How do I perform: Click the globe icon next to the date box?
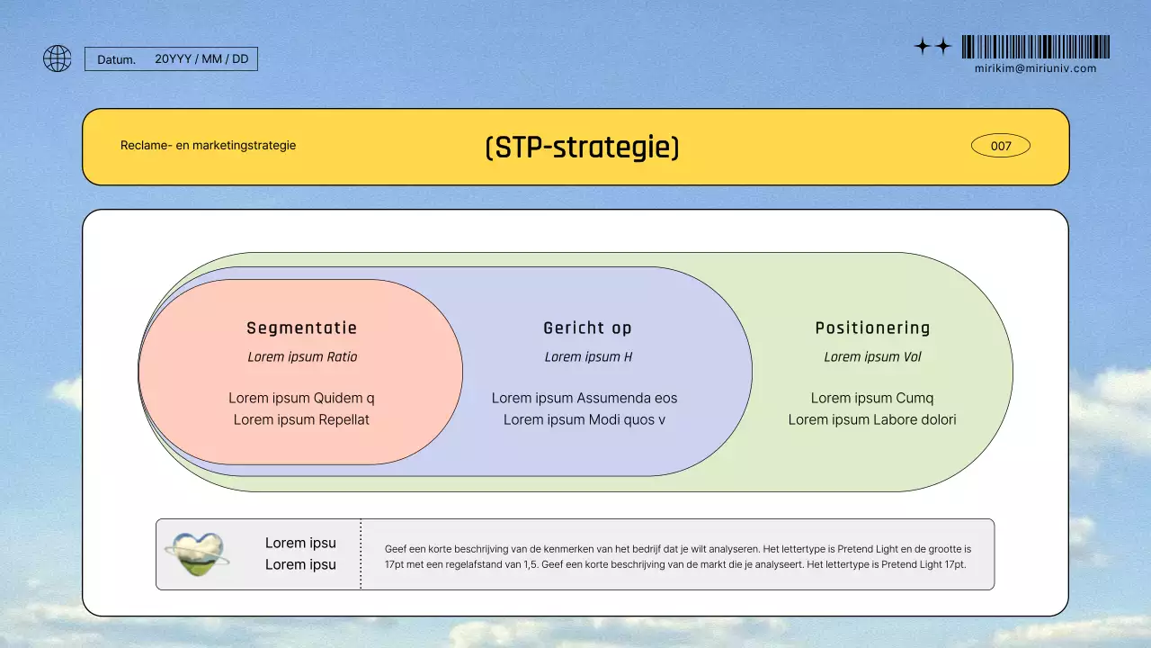(x=57, y=58)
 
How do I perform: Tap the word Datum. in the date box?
(x=117, y=59)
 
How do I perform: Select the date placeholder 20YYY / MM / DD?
(x=201, y=59)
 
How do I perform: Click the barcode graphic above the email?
(x=1035, y=47)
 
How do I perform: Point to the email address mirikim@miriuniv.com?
(x=1035, y=68)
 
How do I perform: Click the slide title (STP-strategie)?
(x=582, y=147)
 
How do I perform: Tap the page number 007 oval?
(x=1001, y=146)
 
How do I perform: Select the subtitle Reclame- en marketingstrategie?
(x=208, y=146)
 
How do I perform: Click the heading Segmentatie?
(x=301, y=328)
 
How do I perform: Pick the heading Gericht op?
(x=587, y=328)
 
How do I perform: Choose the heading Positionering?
(x=872, y=328)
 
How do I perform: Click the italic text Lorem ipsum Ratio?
(x=302, y=357)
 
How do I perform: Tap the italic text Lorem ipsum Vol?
(x=872, y=357)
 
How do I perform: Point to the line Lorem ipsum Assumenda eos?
(x=584, y=398)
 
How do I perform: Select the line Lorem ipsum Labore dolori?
(x=872, y=419)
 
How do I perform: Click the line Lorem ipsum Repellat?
(x=301, y=419)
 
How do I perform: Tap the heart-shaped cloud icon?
(x=197, y=553)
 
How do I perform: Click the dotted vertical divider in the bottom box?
(x=361, y=553)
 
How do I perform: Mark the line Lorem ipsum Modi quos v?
(x=584, y=419)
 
